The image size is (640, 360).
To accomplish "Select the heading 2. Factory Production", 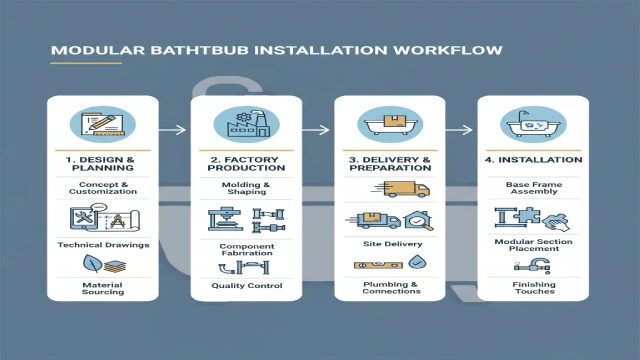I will click(246, 164).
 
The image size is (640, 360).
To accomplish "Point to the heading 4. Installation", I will click(532, 159).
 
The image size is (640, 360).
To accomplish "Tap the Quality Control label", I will click(246, 286).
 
